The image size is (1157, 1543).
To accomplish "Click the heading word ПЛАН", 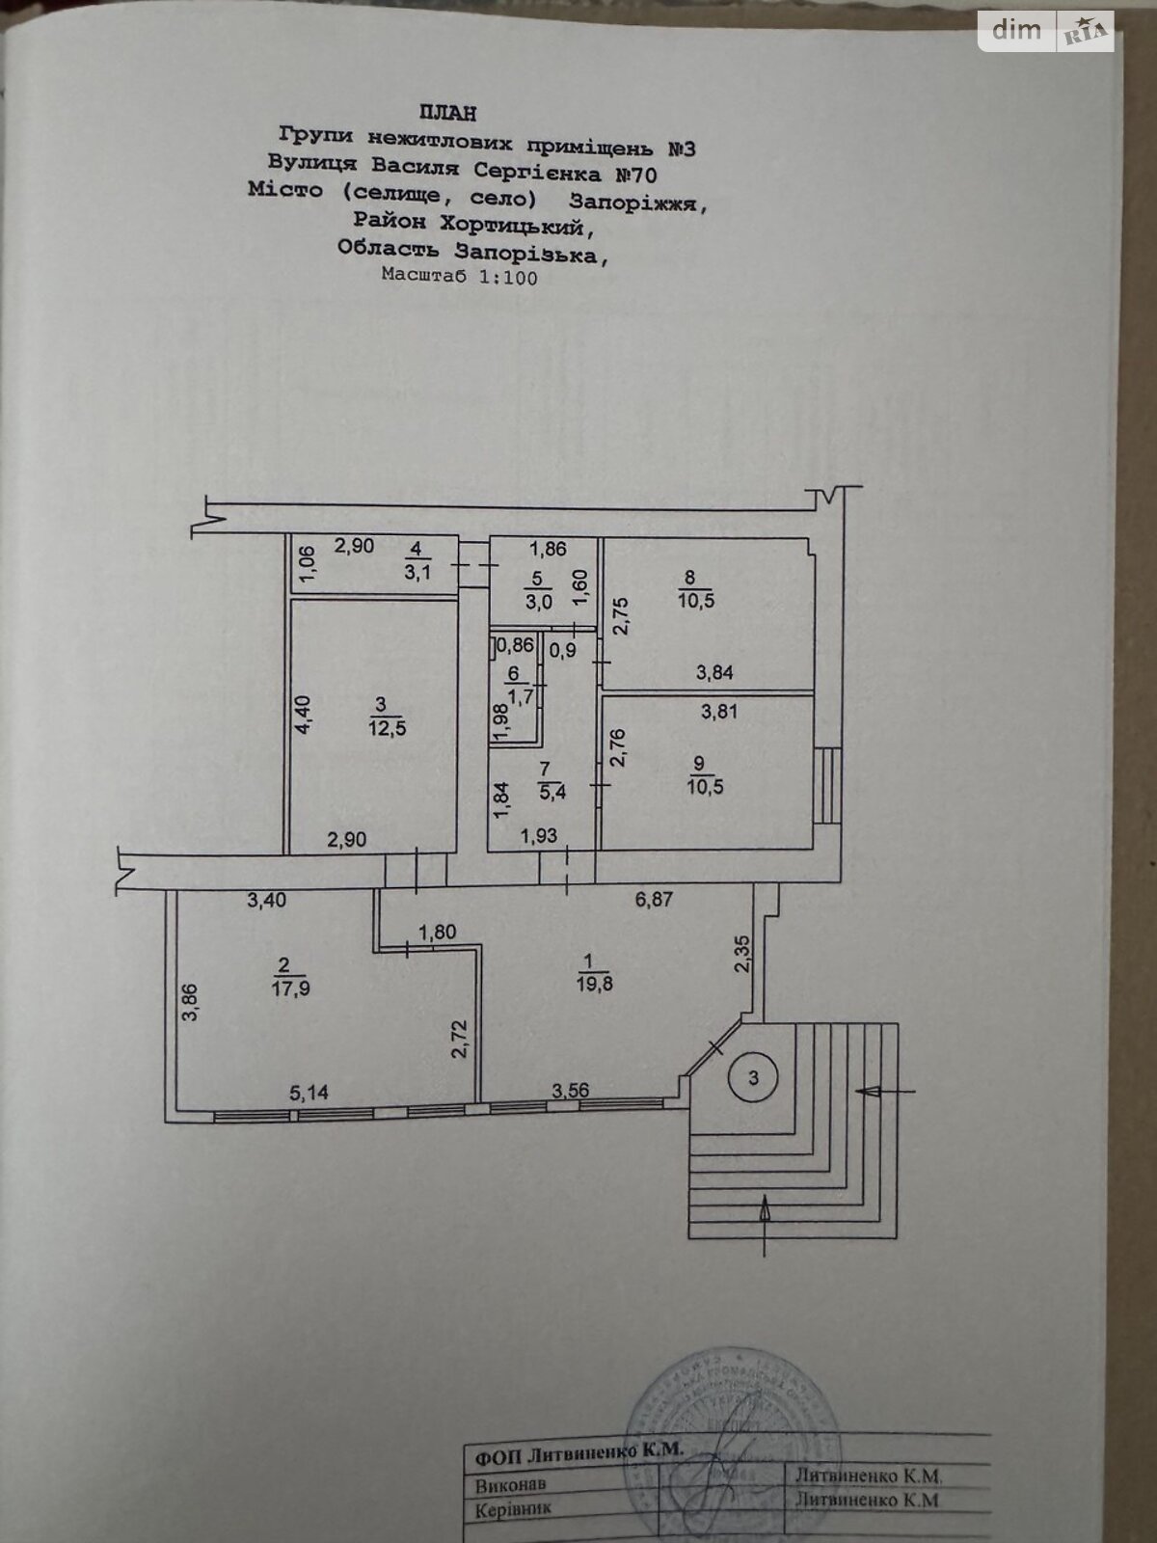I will tap(447, 114).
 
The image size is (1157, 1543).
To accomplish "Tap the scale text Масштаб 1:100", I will tap(459, 277).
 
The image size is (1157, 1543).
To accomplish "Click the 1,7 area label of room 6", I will tap(512, 690).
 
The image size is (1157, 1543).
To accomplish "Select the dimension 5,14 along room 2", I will tap(309, 1093).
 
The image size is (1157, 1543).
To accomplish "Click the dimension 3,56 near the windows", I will tap(571, 1091).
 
